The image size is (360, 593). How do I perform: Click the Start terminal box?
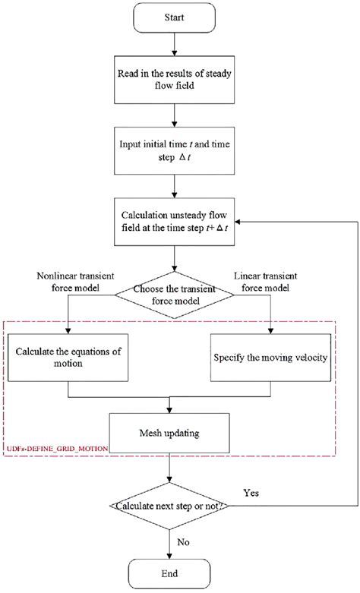click(x=175, y=17)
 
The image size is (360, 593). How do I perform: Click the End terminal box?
click(x=175, y=572)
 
